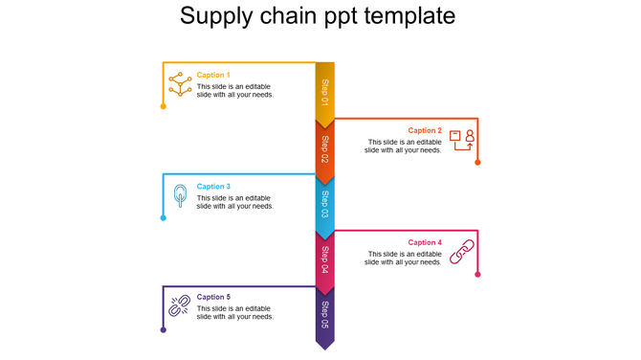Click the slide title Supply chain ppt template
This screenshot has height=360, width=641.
[318, 17]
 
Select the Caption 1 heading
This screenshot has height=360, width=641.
[213, 75]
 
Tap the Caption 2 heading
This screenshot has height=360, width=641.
[425, 130]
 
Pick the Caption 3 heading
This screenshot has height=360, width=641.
[213, 187]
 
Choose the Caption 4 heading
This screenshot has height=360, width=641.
[425, 242]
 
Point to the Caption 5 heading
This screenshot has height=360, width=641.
[213, 297]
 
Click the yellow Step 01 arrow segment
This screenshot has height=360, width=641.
[325, 94]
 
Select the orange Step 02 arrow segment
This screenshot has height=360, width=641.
[325, 149]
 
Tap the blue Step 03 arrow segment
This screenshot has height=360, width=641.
[325, 205]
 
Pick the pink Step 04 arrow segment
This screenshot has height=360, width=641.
[325, 259]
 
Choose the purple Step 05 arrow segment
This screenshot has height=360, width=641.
[325, 316]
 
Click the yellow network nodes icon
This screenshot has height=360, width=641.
[179, 83]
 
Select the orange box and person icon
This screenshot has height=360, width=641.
[462, 140]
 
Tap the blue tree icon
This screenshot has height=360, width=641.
[179, 196]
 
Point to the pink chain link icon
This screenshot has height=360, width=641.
[462, 251]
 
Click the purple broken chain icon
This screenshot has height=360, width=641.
[179, 306]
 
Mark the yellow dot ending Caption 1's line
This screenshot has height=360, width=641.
[164, 106]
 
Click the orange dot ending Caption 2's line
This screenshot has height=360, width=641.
[477, 163]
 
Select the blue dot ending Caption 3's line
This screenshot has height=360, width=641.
[164, 218]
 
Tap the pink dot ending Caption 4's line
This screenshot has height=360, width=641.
[477, 275]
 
